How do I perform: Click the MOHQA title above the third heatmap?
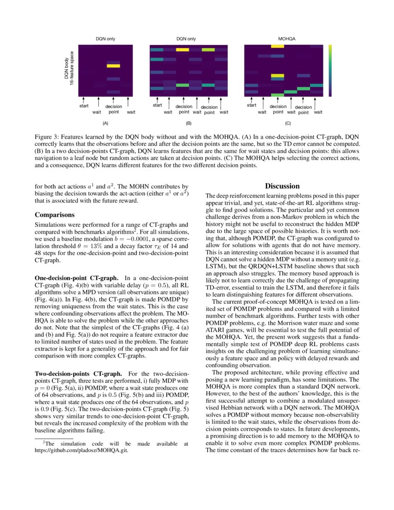point(286,39)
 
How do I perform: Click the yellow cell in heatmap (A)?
point(113,66)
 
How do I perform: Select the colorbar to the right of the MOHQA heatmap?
point(330,70)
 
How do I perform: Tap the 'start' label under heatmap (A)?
point(84,106)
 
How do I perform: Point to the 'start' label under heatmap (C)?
point(251,105)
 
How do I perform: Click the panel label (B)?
point(189,124)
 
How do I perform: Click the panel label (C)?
point(288,124)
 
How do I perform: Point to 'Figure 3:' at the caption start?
point(48,138)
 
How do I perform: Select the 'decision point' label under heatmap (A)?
point(113,109)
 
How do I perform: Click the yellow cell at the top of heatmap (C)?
point(278,46)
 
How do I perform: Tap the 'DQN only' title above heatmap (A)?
point(106,39)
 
